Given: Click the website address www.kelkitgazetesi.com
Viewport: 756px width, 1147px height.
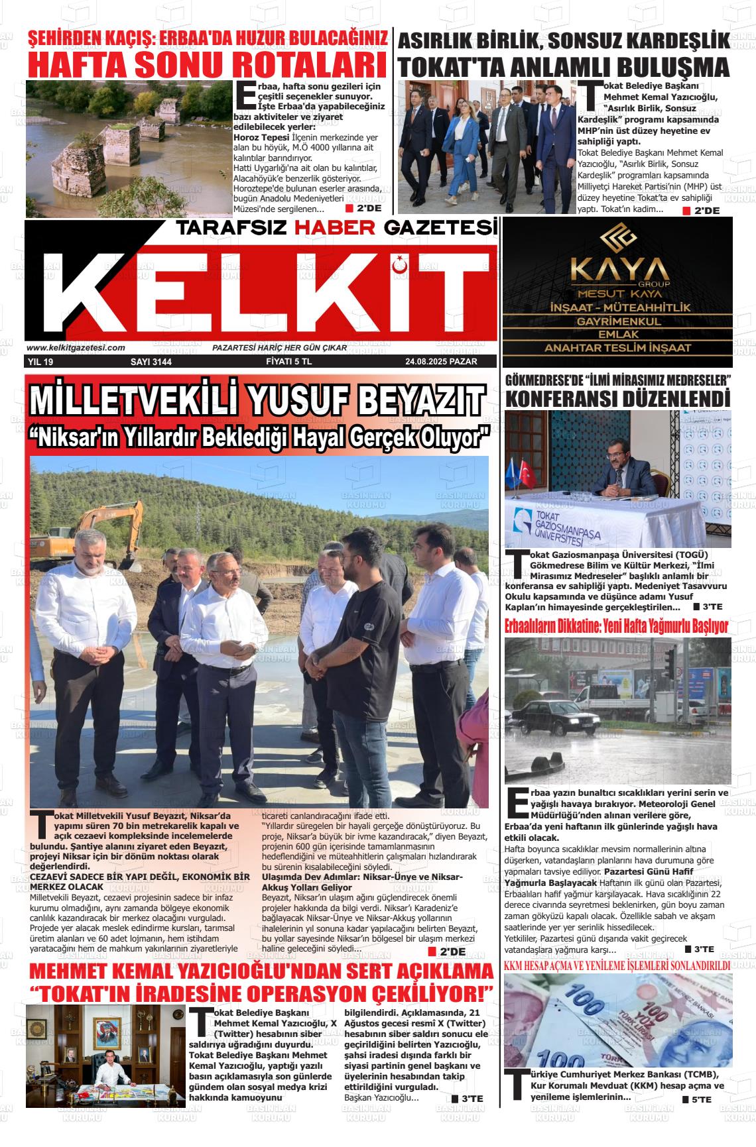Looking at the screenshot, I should [x=76, y=347].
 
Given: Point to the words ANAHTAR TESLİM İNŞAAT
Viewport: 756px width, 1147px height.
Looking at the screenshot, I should [x=617, y=348].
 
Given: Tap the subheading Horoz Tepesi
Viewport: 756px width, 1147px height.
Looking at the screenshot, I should [x=261, y=137].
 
